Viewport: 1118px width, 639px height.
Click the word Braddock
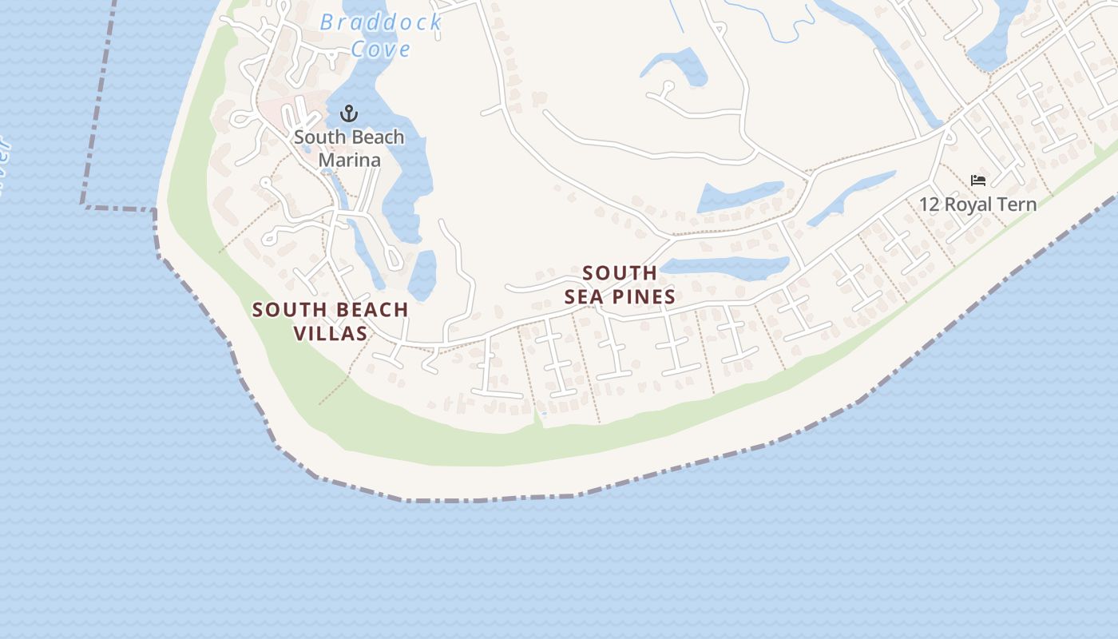pos(381,22)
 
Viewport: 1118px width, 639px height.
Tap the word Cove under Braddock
pos(381,49)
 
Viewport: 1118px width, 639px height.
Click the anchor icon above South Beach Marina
pos(348,113)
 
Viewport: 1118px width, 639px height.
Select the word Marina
pos(349,160)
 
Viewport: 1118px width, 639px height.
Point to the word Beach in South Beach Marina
pos(372,137)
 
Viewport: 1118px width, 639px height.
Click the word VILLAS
pos(331,333)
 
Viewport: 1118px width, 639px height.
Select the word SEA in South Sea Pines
pos(583,297)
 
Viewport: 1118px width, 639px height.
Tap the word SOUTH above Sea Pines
pos(620,273)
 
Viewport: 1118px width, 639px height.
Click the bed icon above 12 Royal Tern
pos(977,181)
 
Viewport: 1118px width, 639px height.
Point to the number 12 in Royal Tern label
pos(929,204)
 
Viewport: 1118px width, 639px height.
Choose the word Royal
pos(969,204)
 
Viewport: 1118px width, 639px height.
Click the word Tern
pos(1018,204)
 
